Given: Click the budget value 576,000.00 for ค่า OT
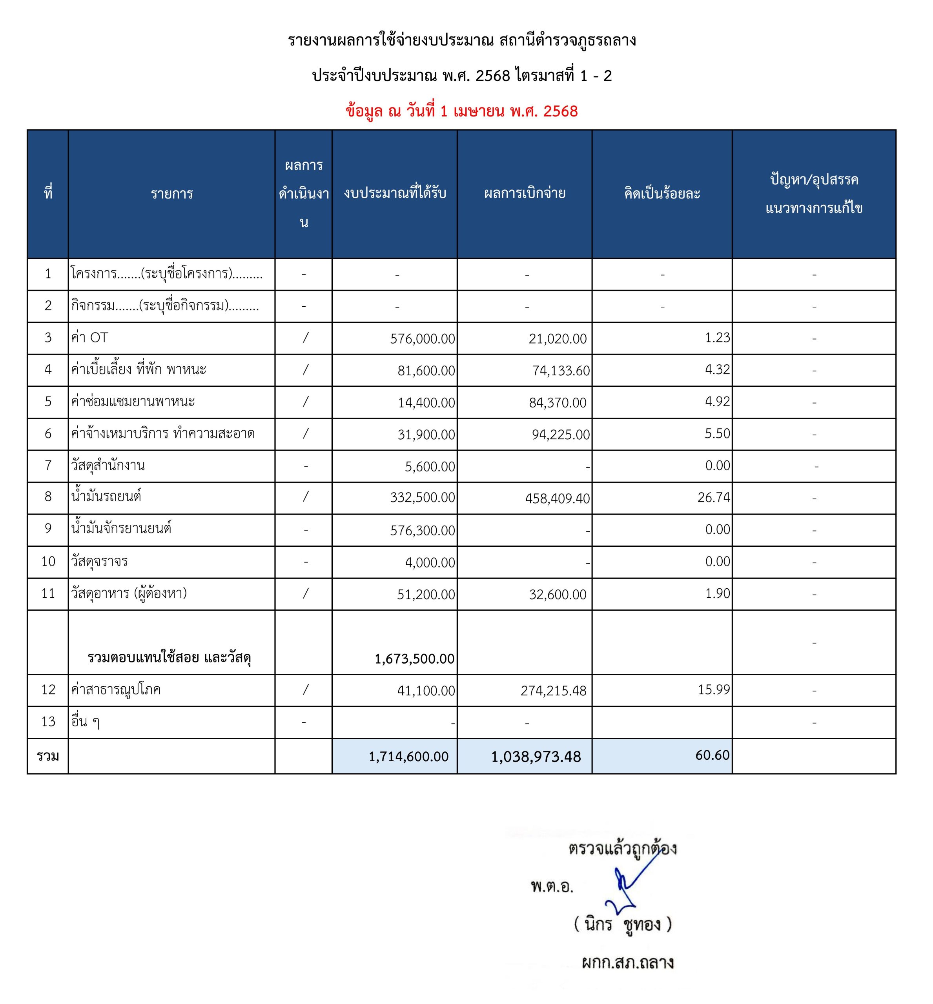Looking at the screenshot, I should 422,339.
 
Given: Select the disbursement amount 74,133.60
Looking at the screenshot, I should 560,371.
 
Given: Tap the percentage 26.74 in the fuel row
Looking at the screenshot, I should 713,497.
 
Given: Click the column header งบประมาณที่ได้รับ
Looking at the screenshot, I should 395,193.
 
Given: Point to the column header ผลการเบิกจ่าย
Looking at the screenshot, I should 525,193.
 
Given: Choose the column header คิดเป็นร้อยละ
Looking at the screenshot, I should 662,193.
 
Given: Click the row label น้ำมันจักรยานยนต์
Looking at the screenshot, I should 121,529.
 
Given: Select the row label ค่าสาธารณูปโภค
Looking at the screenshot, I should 116,689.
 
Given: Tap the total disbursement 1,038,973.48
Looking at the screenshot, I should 536,757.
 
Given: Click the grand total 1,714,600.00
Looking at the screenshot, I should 408,756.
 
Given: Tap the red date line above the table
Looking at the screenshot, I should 461,111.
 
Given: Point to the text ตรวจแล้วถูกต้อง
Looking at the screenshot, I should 622,849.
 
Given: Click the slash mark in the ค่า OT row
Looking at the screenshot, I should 305,338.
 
